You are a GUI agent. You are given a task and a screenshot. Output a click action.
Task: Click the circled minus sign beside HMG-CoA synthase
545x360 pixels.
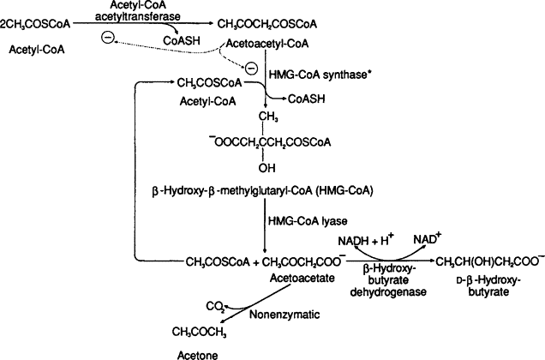(251, 68)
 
